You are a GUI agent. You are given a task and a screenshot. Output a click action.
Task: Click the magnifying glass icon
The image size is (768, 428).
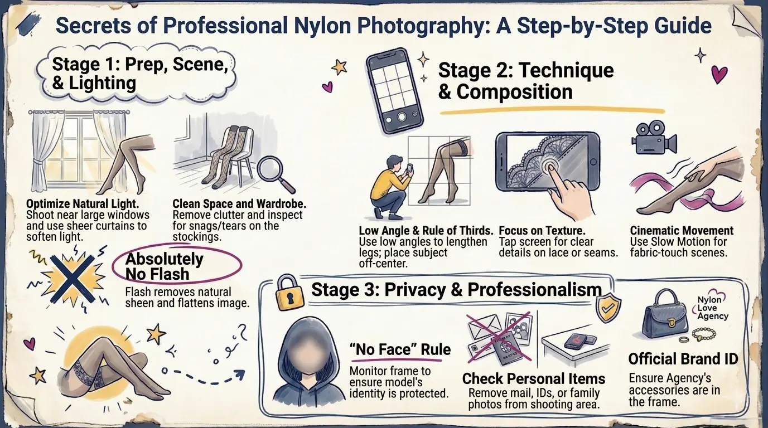[x=275, y=167]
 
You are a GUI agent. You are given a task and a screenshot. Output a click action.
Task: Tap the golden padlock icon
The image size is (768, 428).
[x=288, y=295]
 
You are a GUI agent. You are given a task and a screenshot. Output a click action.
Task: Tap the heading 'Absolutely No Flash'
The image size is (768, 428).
[x=165, y=266]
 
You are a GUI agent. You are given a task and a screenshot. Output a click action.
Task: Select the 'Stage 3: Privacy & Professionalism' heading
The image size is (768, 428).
[x=456, y=289]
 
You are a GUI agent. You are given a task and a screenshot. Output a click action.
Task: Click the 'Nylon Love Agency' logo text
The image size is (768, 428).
[x=713, y=308]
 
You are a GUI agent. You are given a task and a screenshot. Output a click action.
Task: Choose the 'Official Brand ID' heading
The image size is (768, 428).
[x=683, y=358]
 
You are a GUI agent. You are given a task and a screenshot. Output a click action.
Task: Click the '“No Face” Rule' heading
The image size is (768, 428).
[x=399, y=350]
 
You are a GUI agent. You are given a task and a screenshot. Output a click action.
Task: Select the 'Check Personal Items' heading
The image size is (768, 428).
[x=533, y=379]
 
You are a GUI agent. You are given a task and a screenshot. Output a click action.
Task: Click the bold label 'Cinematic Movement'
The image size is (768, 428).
[x=682, y=231]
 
